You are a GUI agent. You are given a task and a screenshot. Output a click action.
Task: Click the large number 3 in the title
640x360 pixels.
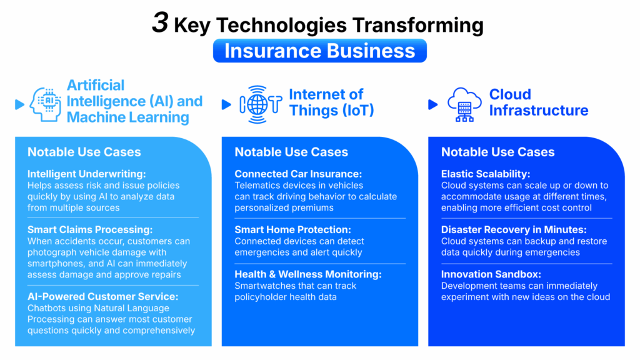(160, 22)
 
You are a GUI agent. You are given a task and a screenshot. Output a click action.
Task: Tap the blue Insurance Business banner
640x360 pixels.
(319, 51)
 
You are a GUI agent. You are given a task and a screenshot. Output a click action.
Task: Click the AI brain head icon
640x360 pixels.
(45, 104)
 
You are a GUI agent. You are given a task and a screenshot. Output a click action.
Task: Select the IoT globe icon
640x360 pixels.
(261, 104)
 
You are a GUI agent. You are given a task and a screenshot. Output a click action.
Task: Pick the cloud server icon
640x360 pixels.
(464, 104)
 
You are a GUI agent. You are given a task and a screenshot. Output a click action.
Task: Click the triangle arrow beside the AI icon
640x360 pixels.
(19, 104)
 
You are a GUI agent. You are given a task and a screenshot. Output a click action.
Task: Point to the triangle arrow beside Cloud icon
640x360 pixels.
(433, 104)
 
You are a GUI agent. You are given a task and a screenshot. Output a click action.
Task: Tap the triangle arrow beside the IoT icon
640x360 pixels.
(226, 104)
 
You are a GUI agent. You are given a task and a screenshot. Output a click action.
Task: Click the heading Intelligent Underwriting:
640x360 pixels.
(86, 174)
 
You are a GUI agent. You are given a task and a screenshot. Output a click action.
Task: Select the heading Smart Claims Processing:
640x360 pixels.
(90, 229)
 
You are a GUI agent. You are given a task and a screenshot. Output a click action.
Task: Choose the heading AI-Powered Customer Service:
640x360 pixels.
(103, 296)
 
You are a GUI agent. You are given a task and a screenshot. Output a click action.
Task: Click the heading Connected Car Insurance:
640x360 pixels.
(298, 174)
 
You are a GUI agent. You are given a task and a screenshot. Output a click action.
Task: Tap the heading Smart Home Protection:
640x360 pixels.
(292, 229)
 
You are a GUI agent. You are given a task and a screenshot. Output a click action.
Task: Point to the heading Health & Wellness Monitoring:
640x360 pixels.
(307, 274)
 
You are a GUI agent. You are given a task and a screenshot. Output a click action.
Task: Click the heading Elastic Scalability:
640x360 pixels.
(485, 174)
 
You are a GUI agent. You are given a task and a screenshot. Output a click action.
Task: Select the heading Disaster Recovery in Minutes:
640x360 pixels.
(514, 229)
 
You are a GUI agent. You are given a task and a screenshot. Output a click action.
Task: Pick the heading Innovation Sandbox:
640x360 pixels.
(491, 274)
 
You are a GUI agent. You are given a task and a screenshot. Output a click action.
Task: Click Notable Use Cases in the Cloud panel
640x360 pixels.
(497, 152)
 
